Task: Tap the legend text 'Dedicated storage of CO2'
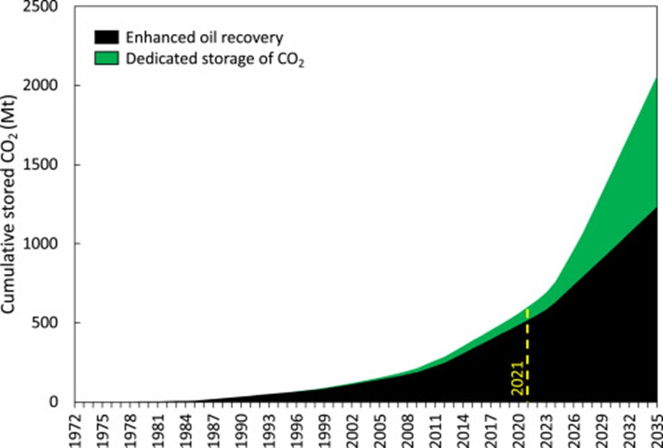215,59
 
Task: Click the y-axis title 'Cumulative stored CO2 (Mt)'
12,205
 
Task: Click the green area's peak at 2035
655,78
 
